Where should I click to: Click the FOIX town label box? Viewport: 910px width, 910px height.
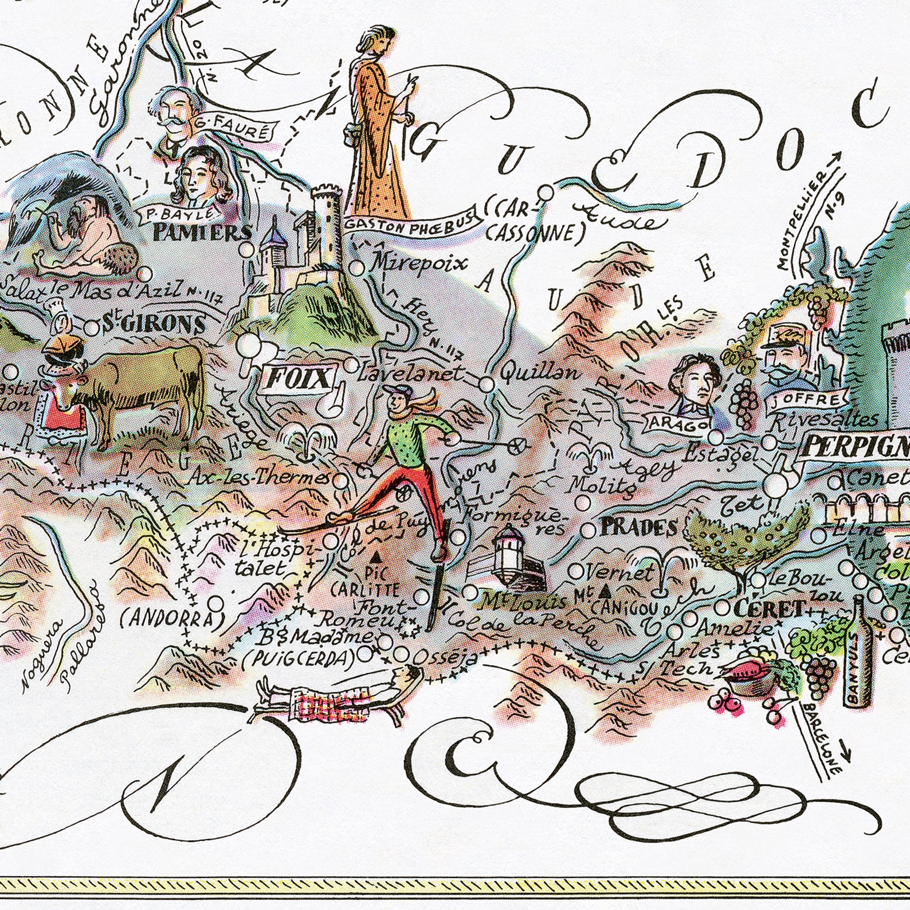coord(297,379)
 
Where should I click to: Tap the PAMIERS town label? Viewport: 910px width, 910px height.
coord(202,233)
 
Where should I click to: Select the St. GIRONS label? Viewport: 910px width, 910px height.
coord(154,324)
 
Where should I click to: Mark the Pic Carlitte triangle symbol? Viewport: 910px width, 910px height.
coord(375,556)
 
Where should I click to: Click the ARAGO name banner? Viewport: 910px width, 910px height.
coord(677,423)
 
